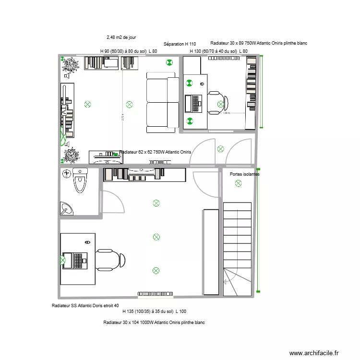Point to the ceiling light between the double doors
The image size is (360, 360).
pyautogui.click(x=220, y=148)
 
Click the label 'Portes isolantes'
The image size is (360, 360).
pyautogui.click(x=245, y=174)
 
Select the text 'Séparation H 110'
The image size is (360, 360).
pyautogui.click(x=180, y=44)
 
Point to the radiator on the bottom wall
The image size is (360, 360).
pyautogui.click(x=156, y=293)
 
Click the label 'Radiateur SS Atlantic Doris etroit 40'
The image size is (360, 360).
pyautogui.click(x=85, y=306)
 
